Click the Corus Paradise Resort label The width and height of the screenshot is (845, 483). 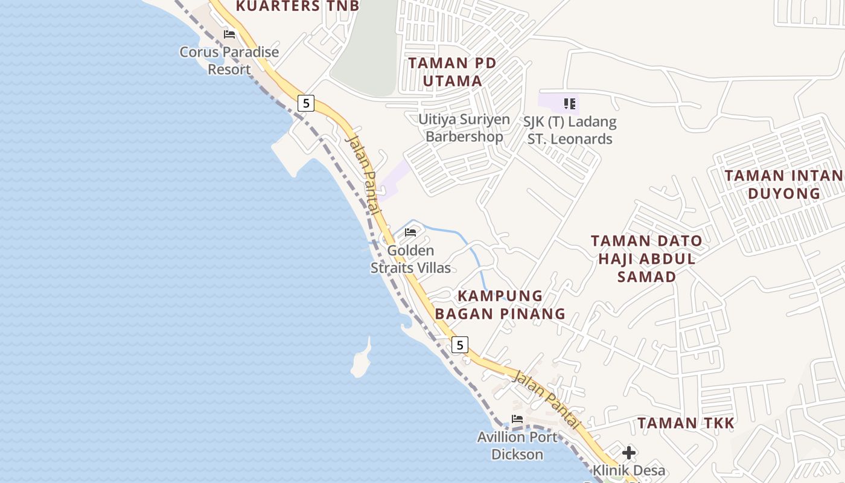(x=229, y=60)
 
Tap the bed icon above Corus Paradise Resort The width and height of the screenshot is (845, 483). (x=229, y=34)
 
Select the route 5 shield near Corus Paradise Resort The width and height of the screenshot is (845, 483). (x=306, y=103)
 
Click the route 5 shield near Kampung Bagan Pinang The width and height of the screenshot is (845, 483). (x=460, y=345)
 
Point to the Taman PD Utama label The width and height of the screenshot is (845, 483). (x=452, y=72)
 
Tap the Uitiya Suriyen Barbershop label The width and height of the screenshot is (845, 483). (x=464, y=128)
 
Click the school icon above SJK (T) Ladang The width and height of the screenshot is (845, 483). (x=569, y=104)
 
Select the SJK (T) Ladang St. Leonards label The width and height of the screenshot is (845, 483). (x=570, y=130)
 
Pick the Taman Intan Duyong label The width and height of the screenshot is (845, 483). (x=783, y=184)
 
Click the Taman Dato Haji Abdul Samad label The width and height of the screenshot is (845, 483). (x=646, y=258)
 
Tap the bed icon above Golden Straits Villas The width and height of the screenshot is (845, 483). (x=410, y=232)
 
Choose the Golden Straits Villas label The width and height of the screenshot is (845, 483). (x=410, y=259)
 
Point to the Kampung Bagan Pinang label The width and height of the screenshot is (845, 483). (x=500, y=305)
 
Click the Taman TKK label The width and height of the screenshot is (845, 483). (x=686, y=423)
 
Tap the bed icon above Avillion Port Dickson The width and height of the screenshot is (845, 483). (x=517, y=419)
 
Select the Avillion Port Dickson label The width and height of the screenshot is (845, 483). (x=517, y=446)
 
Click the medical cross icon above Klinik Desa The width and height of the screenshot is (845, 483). (x=629, y=452)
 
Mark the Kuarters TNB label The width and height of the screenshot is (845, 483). (x=298, y=7)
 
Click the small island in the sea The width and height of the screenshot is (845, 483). (x=361, y=361)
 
